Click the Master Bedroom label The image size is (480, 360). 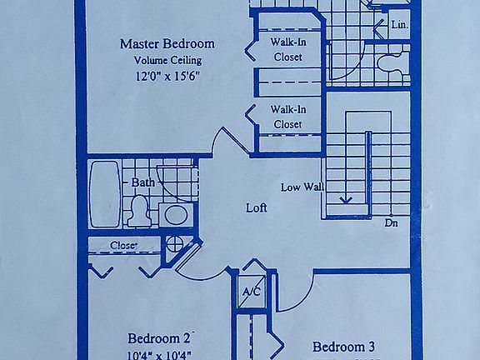[x=167, y=43]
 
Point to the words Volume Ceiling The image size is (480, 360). [x=167, y=60]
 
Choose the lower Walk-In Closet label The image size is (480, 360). [x=287, y=117]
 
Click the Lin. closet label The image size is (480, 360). [x=399, y=26]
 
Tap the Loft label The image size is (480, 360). [x=256, y=207]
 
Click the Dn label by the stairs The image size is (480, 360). [x=392, y=222]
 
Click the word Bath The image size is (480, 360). [x=142, y=182]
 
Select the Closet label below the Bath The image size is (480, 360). [x=123, y=245]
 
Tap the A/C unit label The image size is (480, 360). [x=250, y=292]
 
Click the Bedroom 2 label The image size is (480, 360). [x=160, y=338]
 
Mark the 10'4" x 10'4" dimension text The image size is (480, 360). [x=160, y=354]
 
